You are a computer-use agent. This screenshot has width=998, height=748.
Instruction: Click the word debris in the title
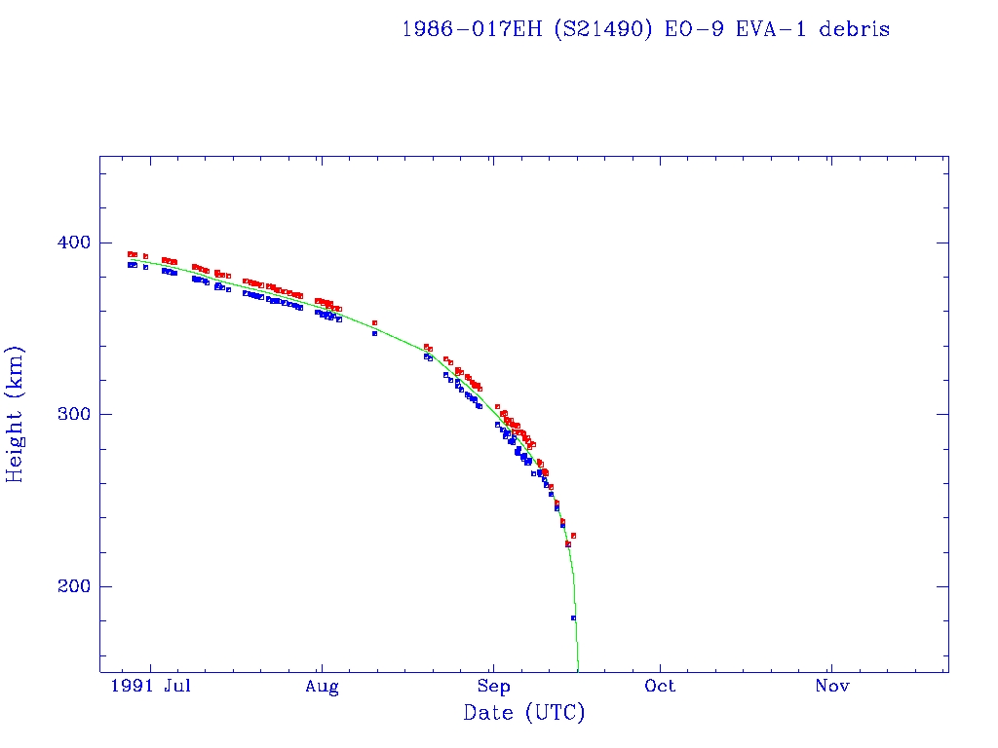click(854, 29)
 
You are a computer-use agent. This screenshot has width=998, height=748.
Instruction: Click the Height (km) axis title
click(16, 414)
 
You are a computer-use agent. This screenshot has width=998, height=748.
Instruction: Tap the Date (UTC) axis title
click(524, 714)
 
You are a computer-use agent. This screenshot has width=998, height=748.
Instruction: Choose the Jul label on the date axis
click(176, 687)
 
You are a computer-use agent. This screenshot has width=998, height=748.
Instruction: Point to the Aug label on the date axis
click(322, 687)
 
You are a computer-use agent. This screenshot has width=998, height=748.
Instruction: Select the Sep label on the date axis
click(494, 687)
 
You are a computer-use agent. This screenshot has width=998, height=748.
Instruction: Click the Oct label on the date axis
click(661, 687)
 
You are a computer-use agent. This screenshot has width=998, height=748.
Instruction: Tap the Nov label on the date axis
click(831, 687)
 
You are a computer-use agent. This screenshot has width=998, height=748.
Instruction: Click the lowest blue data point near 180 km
click(573, 618)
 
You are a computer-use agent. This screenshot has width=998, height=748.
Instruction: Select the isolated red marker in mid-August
click(374, 322)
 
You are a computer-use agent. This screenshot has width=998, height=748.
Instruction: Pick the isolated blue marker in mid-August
click(374, 333)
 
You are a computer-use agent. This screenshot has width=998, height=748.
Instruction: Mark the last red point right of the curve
click(574, 536)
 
